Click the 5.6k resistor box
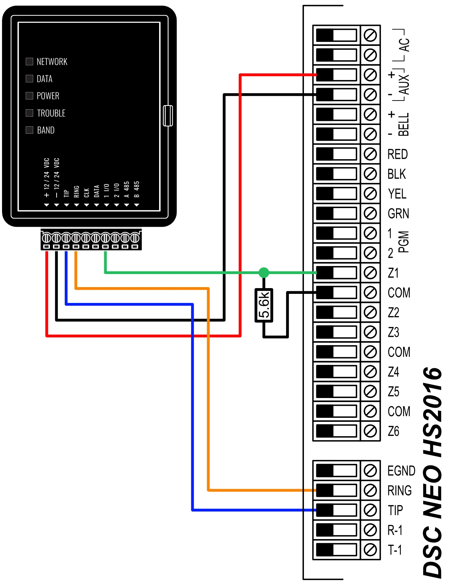[x=264, y=305]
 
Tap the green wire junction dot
[x=264, y=272]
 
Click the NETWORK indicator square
[x=29, y=61]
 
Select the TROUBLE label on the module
[x=51, y=113]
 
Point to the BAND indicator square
[x=29, y=130]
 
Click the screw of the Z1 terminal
[x=370, y=273]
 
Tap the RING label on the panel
[x=399, y=491]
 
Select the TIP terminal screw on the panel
[x=370, y=510]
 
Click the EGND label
[x=401, y=471]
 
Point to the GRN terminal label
[x=398, y=213]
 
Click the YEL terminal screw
[x=370, y=194]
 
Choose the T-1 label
[x=395, y=550]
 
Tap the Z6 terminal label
[x=393, y=431]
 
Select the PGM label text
[x=404, y=242]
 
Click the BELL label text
[x=404, y=125]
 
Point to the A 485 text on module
[x=127, y=189]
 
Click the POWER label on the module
[x=48, y=96]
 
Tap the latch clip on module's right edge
[x=168, y=116]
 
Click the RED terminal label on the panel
[x=397, y=154]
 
